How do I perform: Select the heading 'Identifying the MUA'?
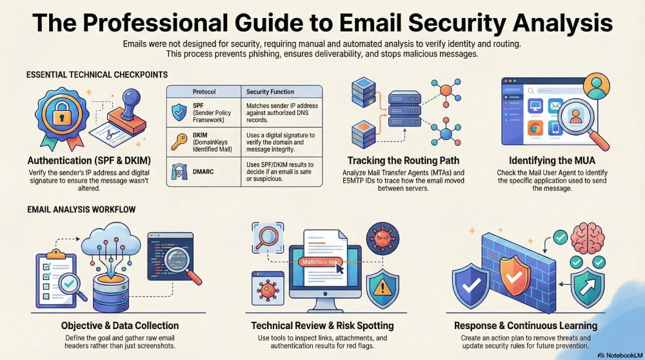point(552,161)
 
